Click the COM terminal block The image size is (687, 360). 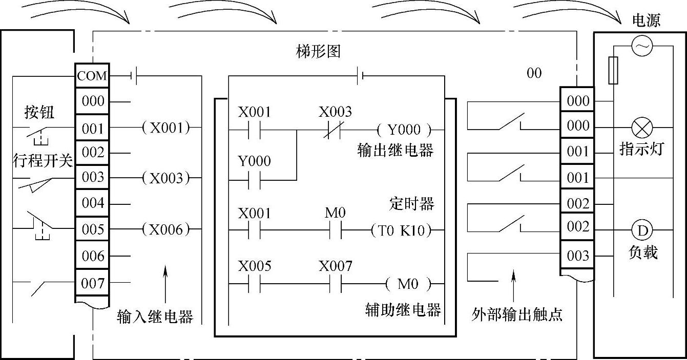pyautogui.click(x=92, y=76)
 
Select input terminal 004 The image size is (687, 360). pyautogui.click(x=93, y=203)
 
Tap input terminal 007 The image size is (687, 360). pyautogui.click(x=93, y=283)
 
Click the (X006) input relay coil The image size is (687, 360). pyautogui.click(x=165, y=229)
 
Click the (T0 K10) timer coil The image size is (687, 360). pyautogui.click(x=401, y=230)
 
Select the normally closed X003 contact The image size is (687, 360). pyautogui.click(x=335, y=130)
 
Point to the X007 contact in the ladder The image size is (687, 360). pyautogui.click(x=335, y=283)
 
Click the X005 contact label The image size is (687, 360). pyautogui.click(x=255, y=267)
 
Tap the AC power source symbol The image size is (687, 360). pyautogui.click(x=641, y=47)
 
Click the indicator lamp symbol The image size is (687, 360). pyautogui.click(x=641, y=126)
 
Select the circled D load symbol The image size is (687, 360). pyautogui.click(x=641, y=231)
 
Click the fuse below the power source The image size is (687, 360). pyautogui.click(x=613, y=70)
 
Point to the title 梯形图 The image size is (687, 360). pyautogui.click(x=318, y=51)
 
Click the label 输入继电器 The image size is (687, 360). pyautogui.click(x=155, y=316)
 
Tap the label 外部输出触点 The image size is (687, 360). pyautogui.click(x=517, y=314)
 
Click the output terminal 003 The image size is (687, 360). pyautogui.click(x=578, y=255)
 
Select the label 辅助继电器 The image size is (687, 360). pyautogui.click(x=403, y=310)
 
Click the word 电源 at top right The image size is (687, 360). pyautogui.click(x=647, y=20)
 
